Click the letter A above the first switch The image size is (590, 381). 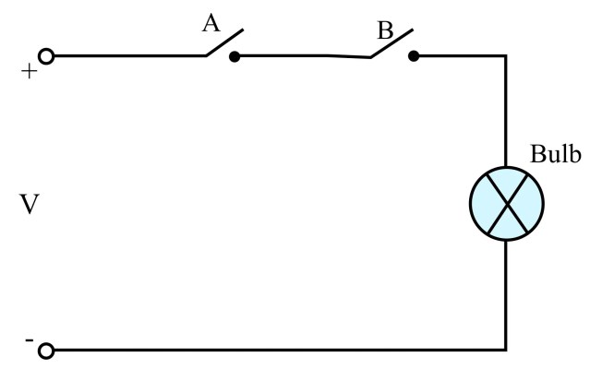[x=211, y=21]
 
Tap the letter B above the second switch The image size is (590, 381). [x=384, y=30]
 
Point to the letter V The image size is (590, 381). [x=29, y=204]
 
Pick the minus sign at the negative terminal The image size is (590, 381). [x=30, y=340]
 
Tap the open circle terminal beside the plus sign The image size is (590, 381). [x=47, y=56]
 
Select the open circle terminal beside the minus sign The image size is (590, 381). [x=47, y=351]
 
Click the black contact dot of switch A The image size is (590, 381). [x=235, y=56]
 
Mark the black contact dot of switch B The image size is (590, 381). [x=413, y=56]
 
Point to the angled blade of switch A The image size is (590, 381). [x=224, y=43]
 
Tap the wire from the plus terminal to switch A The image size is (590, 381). [x=129, y=55]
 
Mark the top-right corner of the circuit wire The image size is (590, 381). [x=506, y=55]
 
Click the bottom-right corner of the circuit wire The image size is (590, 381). [x=506, y=351]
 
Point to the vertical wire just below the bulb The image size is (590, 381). [x=506, y=295]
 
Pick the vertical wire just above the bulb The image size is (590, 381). [x=506, y=111]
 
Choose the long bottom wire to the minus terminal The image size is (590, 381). [x=277, y=351]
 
